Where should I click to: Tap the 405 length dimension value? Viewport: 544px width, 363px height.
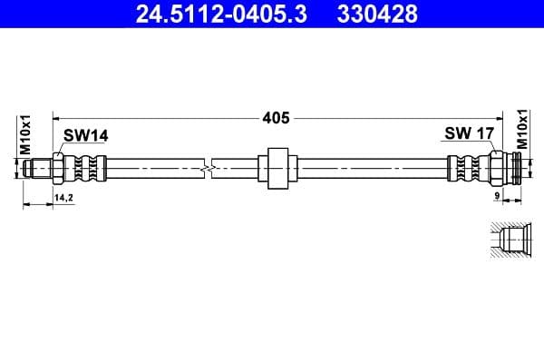[x=277, y=117]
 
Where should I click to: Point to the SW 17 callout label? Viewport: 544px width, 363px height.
[x=469, y=134]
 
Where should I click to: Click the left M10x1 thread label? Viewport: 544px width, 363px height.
[x=26, y=134]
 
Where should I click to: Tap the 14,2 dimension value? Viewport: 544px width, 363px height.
[x=63, y=196]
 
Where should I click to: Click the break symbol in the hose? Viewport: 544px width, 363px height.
[x=210, y=169]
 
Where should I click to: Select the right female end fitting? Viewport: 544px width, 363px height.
[x=512, y=169]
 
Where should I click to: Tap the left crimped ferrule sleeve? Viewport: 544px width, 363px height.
[x=87, y=169]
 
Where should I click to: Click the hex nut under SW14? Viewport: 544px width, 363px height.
[x=57, y=169]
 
